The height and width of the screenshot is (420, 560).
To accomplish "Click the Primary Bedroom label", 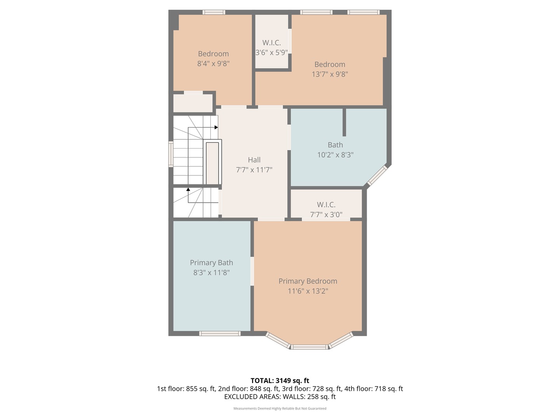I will [x=308, y=281].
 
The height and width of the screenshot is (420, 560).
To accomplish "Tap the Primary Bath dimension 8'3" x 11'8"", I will [x=211, y=273].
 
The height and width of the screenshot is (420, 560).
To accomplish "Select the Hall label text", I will [x=254, y=160].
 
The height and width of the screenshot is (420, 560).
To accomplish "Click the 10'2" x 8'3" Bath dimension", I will [x=335, y=155].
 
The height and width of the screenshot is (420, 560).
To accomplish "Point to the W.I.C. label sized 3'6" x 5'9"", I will [x=271, y=43].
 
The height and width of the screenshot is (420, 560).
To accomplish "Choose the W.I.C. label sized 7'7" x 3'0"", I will [x=326, y=205].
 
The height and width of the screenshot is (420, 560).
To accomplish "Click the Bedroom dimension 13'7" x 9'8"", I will [x=330, y=74].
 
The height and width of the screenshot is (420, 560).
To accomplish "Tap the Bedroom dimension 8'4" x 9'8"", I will [x=213, y=63].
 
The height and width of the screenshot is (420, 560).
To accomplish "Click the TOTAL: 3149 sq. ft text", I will [x=280, y=381].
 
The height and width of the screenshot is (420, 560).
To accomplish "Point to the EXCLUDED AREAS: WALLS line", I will [x=280, y=397].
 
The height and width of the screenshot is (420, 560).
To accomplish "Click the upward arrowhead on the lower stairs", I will [x=188, y=190].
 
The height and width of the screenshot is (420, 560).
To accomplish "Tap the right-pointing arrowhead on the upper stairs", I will [x=216, y=127].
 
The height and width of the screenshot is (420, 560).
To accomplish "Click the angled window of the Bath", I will [x=378, y=175].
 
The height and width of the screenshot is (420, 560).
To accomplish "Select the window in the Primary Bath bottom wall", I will [x=220, y=333].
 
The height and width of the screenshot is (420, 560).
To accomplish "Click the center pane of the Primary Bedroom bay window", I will [x=310, y=346].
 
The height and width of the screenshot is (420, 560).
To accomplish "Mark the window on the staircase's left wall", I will [x=171, y=154].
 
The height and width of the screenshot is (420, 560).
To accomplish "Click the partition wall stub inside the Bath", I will [x=344, y=122].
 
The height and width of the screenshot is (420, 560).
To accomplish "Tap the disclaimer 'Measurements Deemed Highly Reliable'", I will [x=280, y=408].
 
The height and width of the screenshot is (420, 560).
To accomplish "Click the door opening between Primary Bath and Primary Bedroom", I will [x=252, y=271].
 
